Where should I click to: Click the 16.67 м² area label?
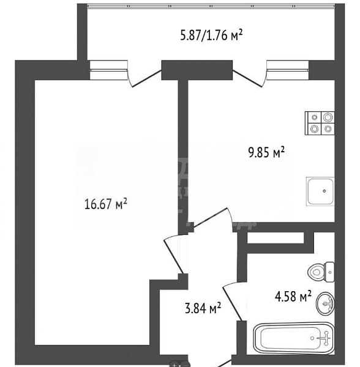(x=105, y=204)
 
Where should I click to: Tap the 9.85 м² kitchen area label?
(x=267, y=153)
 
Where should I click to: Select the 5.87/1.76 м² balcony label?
(x=212, y=36)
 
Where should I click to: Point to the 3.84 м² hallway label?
(x=202, y=308)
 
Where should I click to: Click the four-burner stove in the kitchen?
(x=320, y=123)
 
